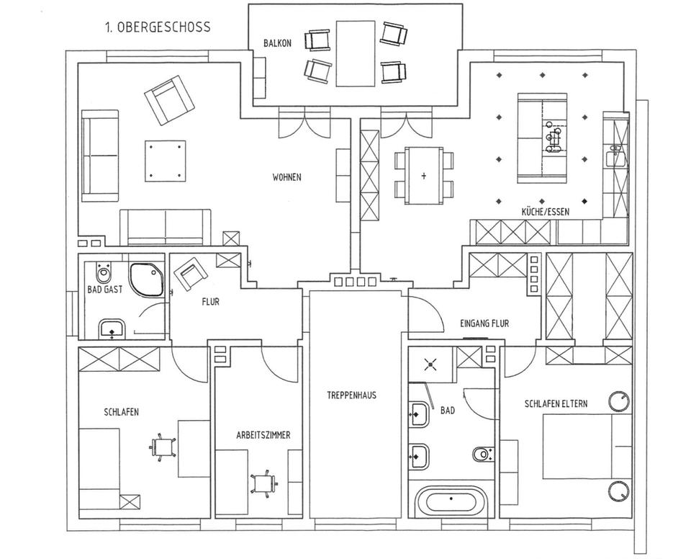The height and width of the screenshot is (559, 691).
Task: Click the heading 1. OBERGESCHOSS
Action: [157, 27]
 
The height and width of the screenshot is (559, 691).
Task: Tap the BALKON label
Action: [276, 43]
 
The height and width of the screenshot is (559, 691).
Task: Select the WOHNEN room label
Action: [286, 177]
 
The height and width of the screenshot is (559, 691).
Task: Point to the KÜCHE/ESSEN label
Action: [547, 212]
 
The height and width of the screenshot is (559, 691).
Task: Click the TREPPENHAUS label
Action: [351, 395]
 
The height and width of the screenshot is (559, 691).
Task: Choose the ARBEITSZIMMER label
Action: [263, 436]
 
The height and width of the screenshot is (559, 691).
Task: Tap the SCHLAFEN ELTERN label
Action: [555, 404]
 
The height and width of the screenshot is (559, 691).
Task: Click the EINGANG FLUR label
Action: [484, 323]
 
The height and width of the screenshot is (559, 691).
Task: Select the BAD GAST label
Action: [105, 290]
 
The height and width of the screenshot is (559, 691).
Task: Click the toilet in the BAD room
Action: [483, 454]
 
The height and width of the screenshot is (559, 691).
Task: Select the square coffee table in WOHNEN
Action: [165, 161]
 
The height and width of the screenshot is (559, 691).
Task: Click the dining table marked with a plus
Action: [423, 175]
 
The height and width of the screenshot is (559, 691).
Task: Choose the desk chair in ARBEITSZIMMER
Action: [264, 484]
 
